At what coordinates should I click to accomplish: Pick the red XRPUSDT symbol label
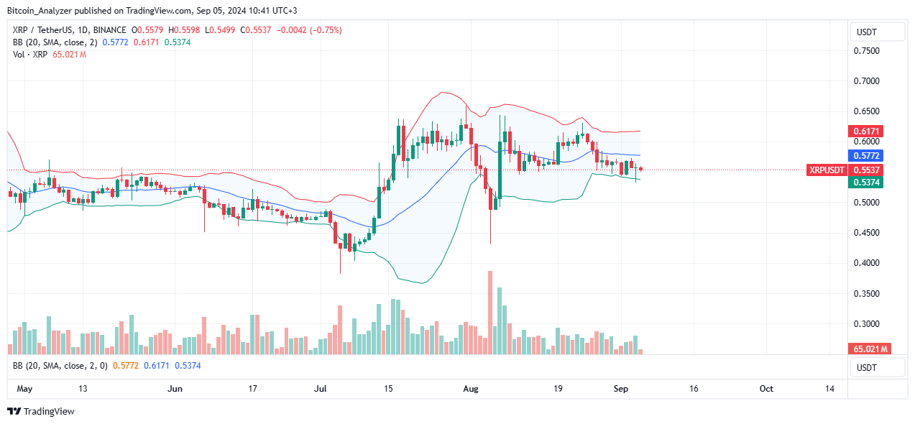[x=827, y=170]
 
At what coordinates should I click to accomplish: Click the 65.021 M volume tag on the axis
[x=870, y=349]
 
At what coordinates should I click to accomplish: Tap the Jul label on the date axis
[x=320, y=389]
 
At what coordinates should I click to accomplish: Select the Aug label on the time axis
[x=471, y=389]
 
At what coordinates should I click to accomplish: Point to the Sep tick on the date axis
[x=621, y=389]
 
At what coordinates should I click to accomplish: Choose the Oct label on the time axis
[x=766, y=389]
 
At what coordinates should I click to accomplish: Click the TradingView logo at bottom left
[x=41, y=412]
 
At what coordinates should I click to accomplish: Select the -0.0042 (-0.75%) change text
[x=314, y=30]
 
